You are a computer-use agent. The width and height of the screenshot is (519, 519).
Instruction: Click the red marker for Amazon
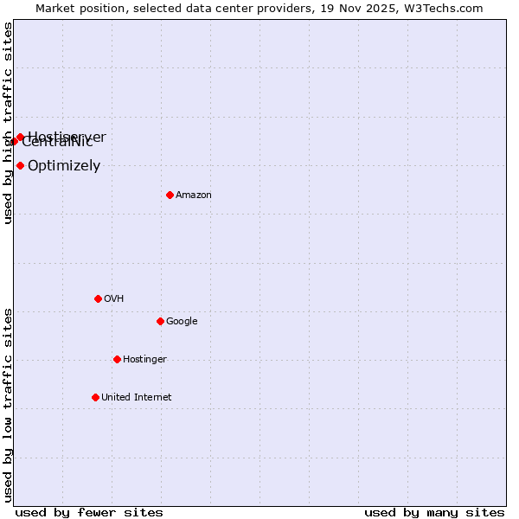[170, 195]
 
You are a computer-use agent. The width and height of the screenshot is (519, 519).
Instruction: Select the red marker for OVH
[98, 298]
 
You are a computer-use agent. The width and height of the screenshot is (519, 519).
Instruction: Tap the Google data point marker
[160, 321]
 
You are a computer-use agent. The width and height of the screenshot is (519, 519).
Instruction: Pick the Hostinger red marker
[117, 359]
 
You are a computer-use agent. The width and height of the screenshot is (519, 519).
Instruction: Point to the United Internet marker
[95, 397]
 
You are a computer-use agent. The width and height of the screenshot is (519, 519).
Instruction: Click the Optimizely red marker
[20, 165]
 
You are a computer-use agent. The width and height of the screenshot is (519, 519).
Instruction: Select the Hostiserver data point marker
[20, 137]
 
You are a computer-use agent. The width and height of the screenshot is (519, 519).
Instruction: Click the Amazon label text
[194, 195]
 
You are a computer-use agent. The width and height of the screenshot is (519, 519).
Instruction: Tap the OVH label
[114, 299]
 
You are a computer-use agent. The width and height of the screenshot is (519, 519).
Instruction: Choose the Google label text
[182, 322]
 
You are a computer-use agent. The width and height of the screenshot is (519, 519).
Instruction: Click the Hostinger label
[144, 360]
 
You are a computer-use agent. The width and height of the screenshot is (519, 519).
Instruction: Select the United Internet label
[137, 398]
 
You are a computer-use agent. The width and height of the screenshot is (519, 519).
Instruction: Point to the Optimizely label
[64, 166]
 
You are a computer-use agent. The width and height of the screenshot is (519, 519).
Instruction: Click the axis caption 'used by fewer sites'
[89, 512]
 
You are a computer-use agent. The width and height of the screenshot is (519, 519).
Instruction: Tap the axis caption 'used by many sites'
[434, 512]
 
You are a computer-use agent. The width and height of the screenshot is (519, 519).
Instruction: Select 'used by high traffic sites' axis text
[9, 123]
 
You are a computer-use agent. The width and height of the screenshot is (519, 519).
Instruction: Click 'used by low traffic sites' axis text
[9, 405]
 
